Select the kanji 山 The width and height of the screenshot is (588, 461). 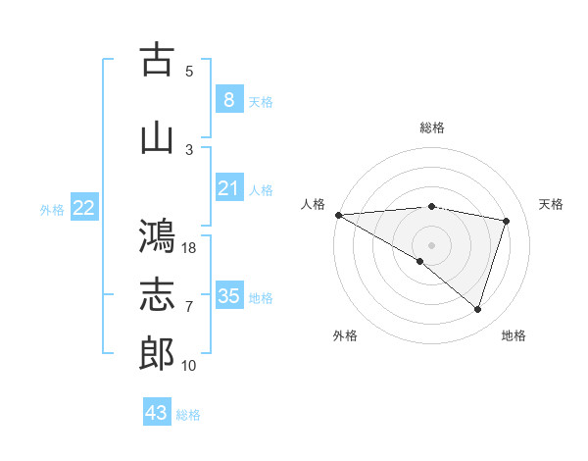pos(157,137)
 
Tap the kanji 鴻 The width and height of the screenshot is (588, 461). pos(157,236)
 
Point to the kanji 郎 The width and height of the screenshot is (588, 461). pos(157,354)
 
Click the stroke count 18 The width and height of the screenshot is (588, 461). pos(190,248)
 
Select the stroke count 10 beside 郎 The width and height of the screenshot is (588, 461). pos(190,366)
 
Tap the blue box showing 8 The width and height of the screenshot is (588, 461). pos(228,99)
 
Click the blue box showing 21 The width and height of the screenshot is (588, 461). pos(228,187)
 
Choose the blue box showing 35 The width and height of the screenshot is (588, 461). pos(228,295)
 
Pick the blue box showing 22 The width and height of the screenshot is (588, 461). pos(83,207)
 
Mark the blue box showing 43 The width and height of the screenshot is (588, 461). pos(156,413)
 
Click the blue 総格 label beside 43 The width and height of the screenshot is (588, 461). pos(188,415)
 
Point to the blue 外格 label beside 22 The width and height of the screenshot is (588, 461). pos(52,209)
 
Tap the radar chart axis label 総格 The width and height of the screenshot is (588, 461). pos(431,128)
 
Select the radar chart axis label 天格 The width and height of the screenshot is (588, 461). pos(552,204)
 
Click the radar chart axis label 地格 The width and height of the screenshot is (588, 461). pos(514,336)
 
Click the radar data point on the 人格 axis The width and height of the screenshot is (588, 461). pos(338,214)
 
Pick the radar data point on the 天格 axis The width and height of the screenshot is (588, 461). pos(506,221)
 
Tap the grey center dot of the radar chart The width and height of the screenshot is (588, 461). pos(431,244)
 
